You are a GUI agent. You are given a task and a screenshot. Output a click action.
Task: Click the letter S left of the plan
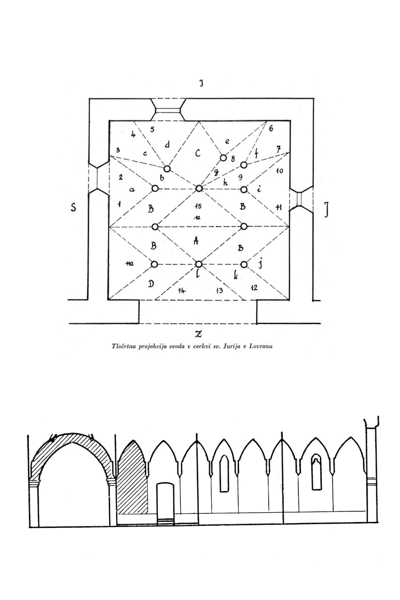pyautogui.click(x=73, y=207)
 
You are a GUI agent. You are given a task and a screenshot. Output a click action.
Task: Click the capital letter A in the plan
pyautogui.click(x=196, y=240)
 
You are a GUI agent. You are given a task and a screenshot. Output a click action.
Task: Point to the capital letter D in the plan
pyautogui.click(x=151, y=283)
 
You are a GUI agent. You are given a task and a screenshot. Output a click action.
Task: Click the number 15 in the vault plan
pyautogui.click(x=198, y=206)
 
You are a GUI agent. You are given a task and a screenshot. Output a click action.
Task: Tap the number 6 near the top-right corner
pyautogui.click(x=271, y=129)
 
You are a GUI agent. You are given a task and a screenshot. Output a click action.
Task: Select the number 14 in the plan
pyautogui.click(x=181, y=290)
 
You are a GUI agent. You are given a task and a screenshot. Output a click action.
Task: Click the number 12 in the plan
pyautogui.click(x=254, y=288)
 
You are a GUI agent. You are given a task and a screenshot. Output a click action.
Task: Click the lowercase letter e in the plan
pyautogui.click(x=227, y=142)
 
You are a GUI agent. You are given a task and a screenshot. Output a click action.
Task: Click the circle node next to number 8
pyautogui.click(x=223, y=158)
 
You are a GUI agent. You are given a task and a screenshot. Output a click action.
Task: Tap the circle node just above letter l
pyautogui.click(x=199, y=264)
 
